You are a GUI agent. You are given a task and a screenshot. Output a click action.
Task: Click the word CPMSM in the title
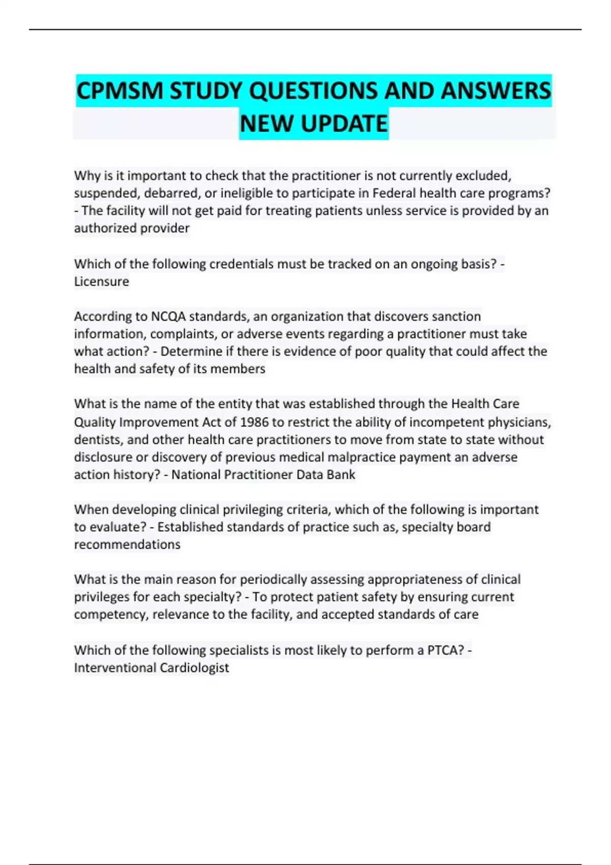(x=120, y=91)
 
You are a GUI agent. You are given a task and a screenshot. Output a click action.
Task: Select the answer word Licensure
(x=102, y=281)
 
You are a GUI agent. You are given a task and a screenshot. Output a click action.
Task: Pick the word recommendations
(x=127, y=544)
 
